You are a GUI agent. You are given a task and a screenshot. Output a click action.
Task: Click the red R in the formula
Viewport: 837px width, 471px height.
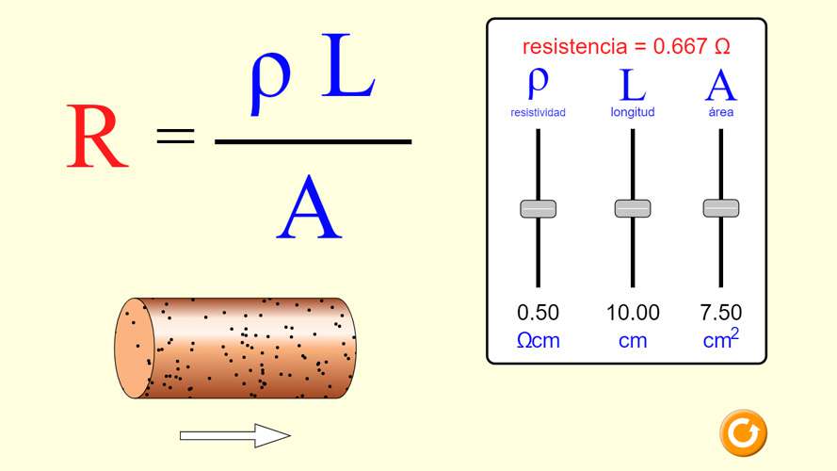[x=97, y=137]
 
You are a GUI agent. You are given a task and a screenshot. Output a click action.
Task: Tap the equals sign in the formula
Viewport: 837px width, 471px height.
[x=176, y=136]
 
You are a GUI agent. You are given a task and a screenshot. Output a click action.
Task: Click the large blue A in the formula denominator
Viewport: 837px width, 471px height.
[x=309, y=207]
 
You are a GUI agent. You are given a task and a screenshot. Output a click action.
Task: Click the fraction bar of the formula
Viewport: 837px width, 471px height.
[x=313, y=141]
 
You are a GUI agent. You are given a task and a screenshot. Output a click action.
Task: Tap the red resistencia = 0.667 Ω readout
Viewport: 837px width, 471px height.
[x=626, y=46]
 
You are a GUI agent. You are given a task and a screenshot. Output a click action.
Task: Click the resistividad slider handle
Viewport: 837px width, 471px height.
[x=539, y=208]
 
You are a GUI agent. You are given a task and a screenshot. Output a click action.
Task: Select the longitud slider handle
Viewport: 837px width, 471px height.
[x=633, y=208]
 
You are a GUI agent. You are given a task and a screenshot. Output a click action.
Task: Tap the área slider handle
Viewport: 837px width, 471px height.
[x=721, y=208]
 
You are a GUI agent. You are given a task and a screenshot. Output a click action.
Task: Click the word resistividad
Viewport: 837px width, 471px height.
[x=539, y=113]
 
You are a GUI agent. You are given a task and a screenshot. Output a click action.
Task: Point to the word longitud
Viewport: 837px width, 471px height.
[x=633, y=112]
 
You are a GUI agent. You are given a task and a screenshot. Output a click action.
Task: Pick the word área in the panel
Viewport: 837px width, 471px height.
[x=721, y=112]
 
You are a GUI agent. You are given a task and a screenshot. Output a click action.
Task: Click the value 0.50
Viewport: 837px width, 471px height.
[x=539, y=313]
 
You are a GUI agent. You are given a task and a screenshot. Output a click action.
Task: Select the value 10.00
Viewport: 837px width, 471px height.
[x=633, y=313]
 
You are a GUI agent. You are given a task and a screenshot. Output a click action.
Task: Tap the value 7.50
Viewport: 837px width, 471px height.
[x=721, y=313]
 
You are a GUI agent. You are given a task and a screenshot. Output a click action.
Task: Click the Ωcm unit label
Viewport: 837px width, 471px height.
[x=539, y=340]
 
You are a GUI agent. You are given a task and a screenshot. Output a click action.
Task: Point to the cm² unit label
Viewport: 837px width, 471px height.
[x=721, y=338]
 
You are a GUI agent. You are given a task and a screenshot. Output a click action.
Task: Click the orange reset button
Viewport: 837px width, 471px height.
[x=743, y=433]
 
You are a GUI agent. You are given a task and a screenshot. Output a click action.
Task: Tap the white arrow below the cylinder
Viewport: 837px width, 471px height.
[x=235, y=436]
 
